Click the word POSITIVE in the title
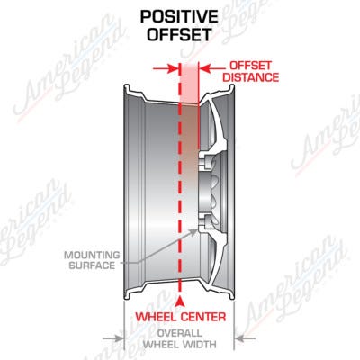point(179,17)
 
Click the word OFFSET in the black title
point(179,34)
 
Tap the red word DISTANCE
point(251,77)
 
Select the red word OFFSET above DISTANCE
point(251,66)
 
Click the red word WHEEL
point(156,317)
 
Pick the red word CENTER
point(203,317)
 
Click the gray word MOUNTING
point(92,256)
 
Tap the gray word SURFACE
point(92,265)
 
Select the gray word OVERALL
point(179,333)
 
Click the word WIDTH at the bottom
point(198,344)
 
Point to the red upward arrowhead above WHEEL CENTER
point(179,301)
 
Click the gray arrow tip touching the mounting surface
point(194,231)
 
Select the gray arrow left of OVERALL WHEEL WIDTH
point(113,338)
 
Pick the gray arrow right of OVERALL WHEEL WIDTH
point(245,338)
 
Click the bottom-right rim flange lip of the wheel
point(231,295)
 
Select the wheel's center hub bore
point(207,191)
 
